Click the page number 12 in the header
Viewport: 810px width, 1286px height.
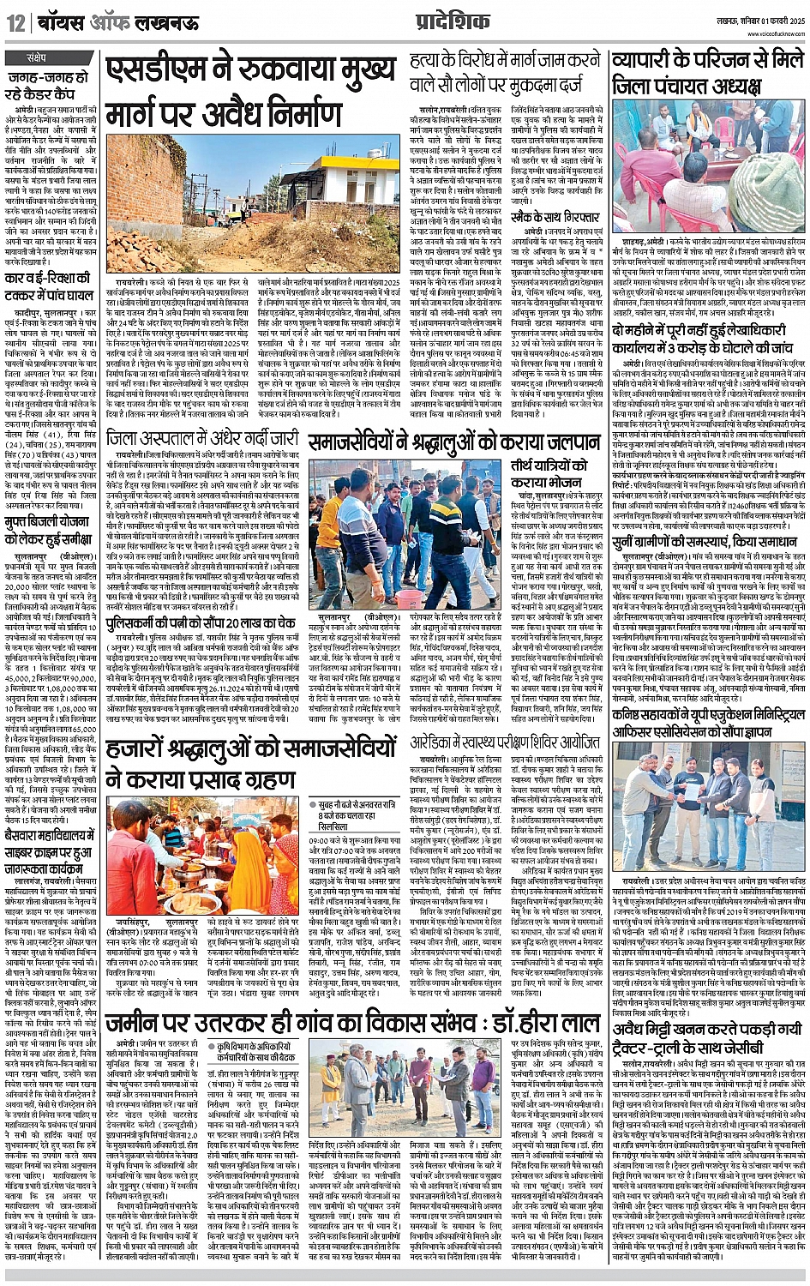[x=15, y=23]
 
